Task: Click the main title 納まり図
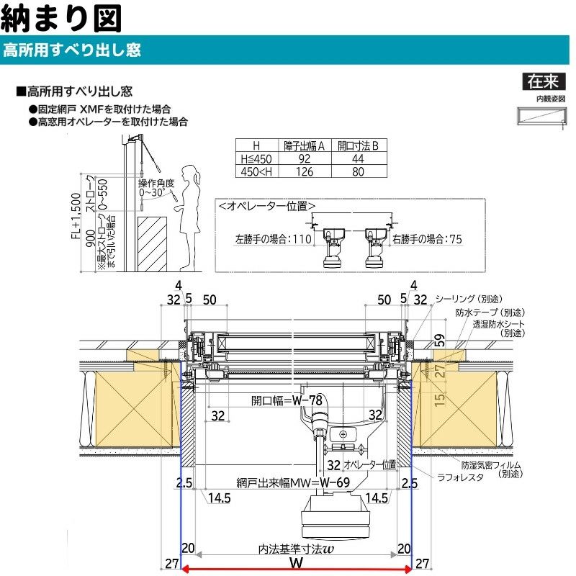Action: (x=56, y=19)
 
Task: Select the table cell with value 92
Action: (x=304, y=159)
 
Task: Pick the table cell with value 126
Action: (x=304, y=172)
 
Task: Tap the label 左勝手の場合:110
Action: (x=271, y=238)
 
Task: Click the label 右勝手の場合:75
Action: (x=427, y=238)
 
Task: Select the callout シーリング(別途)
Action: (x=469, y=299)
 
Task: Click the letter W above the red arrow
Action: (x=294, y=561)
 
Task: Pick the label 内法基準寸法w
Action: (x=295, y=549)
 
